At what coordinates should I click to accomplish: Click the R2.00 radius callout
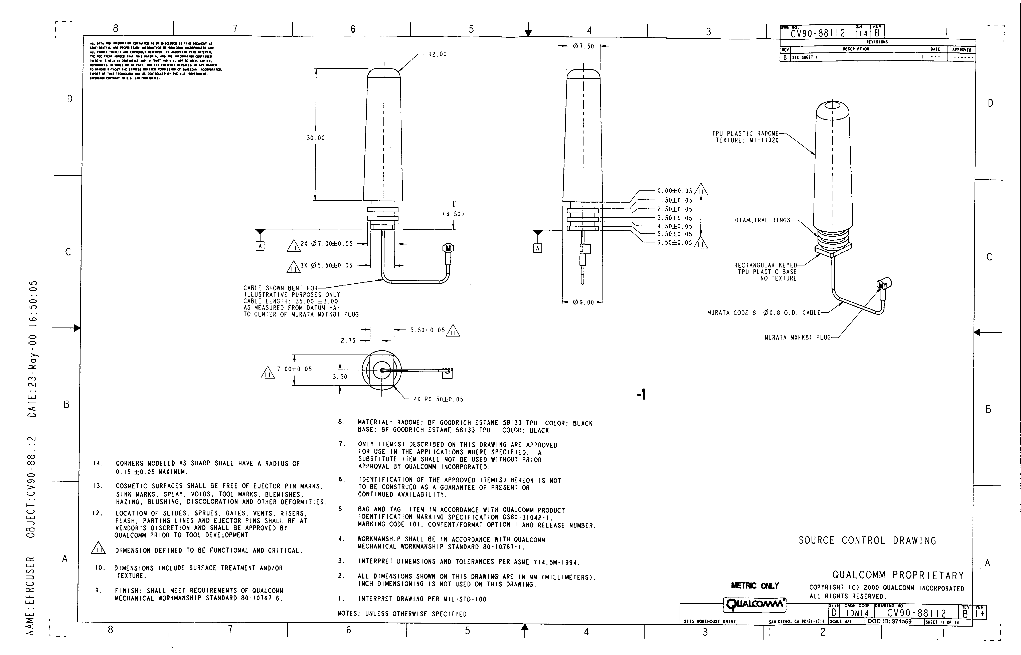click(x=437, y=54)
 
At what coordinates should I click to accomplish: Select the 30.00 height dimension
click(x=316, y=138)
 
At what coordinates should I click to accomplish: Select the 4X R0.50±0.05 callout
click(x=438, y=399)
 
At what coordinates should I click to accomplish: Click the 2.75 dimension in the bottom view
click(x=348, y=341)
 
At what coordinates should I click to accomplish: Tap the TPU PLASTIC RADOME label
click(x=745, y=134)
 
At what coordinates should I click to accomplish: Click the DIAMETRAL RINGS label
click(x=762, y=220)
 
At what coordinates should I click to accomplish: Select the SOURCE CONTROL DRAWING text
click(x=867, y=540)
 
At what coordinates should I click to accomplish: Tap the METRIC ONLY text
click(x=755, y=586)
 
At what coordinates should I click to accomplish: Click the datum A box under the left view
click(x=260, y=246)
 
